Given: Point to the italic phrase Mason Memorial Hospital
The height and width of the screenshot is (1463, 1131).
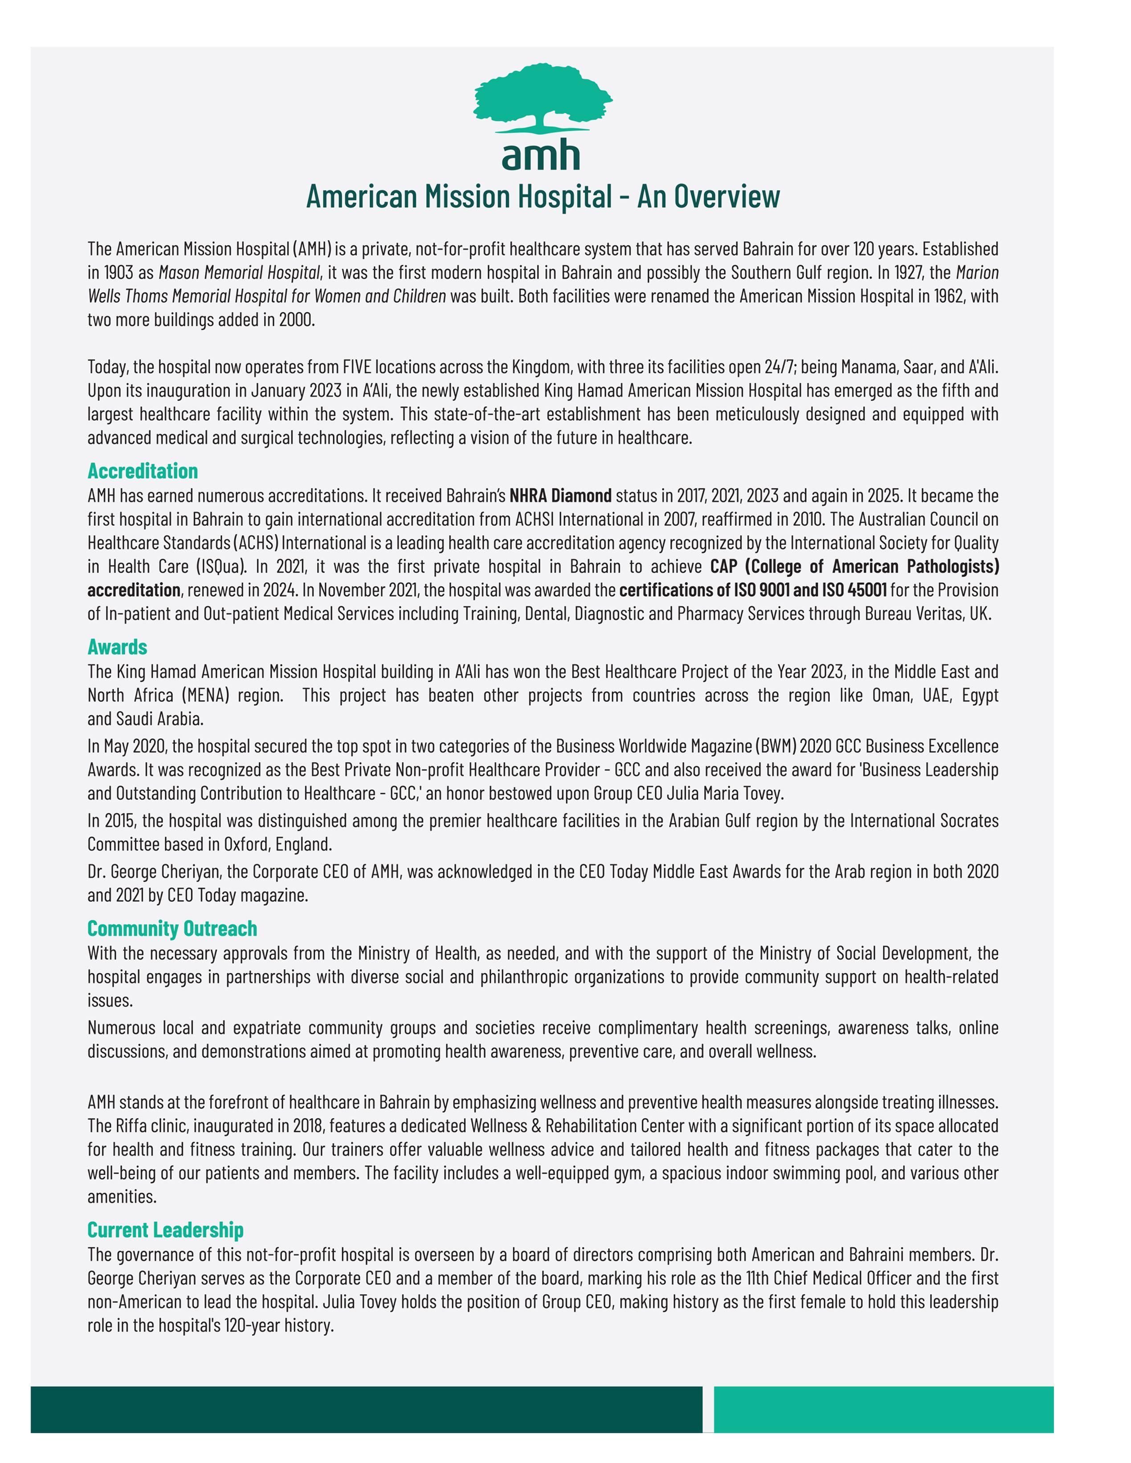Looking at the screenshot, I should coord(239,273).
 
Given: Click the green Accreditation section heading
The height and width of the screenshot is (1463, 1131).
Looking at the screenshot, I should coord(143,471).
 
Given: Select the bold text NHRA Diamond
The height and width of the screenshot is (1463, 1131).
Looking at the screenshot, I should coord(560,496).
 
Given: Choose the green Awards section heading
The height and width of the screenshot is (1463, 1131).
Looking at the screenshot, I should coord(117,647).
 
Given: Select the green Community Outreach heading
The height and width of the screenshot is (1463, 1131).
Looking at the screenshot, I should coord(172,928).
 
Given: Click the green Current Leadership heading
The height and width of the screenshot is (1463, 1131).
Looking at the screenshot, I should coord(165,1230).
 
